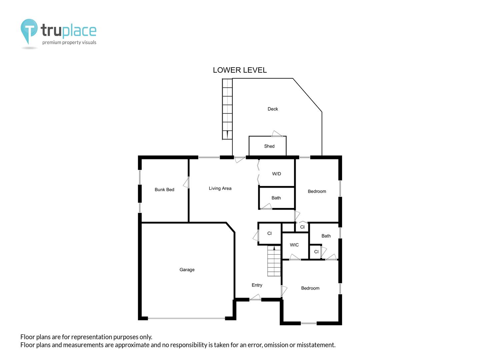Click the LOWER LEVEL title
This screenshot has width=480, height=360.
(240, 70)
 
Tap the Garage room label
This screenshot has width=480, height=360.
(187, 270)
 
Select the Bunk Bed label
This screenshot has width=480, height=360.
(164, 190)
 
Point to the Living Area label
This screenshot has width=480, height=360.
(220, 188)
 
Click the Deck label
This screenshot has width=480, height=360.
(273, 109)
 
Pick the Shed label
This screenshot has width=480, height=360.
(269, 146)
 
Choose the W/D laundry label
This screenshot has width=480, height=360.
(276, 174)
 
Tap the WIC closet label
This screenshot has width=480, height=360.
(294, 245)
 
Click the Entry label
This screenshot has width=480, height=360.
(257, 285)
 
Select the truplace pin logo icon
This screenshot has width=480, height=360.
(29, 31)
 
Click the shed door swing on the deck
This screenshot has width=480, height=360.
(277, 134)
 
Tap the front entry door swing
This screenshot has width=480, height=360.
(255, 297)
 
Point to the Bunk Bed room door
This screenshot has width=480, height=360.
(186, 182)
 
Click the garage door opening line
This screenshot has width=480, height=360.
(187, 318)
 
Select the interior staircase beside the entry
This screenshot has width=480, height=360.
(274, 261)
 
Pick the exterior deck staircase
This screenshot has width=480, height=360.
(227, 109)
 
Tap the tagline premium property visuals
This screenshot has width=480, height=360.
(69, 42)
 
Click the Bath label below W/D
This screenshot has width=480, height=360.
(276, 198)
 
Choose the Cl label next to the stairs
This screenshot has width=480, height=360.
(269, 233)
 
